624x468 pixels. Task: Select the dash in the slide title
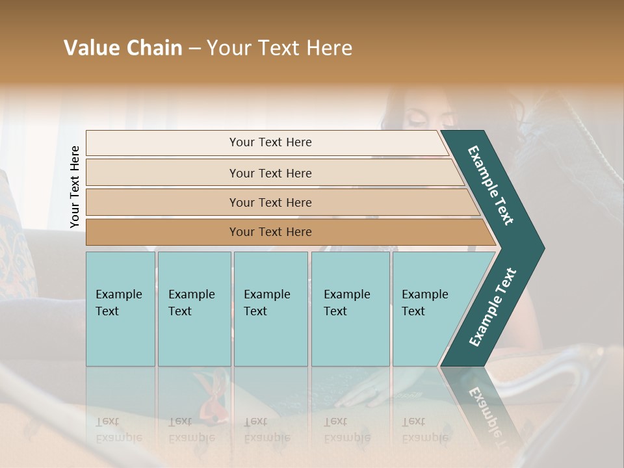click(194, 49)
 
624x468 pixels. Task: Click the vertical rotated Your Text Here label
click(75, 187)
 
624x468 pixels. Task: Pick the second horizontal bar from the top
click(270, 173)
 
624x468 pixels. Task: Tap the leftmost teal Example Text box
click(120, 308)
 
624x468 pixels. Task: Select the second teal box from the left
click(194, 308)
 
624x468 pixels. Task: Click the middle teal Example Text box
click(270, 308)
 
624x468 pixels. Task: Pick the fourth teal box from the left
click(350, 308)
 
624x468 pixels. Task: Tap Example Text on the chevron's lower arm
click(493, 307)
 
